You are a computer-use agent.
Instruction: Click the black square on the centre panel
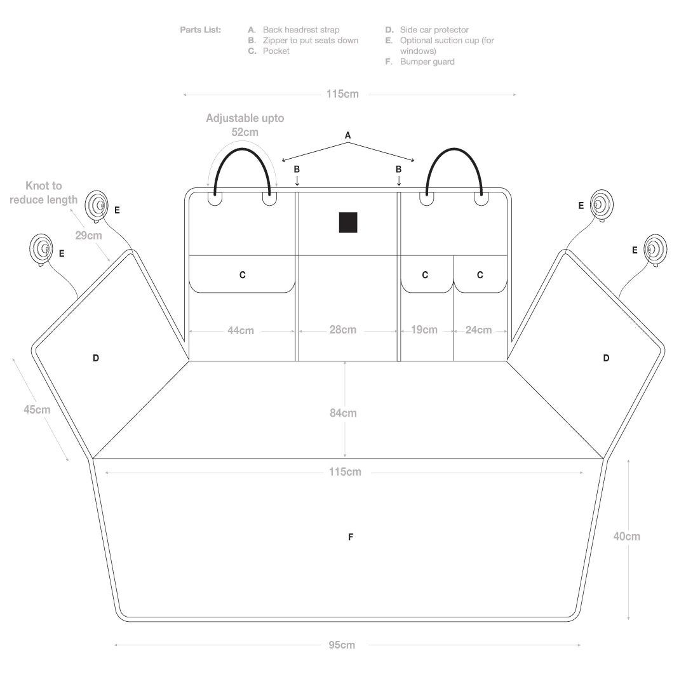click(348, 222)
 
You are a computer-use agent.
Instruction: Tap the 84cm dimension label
click(343, 413)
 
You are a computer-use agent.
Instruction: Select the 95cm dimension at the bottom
click(342, 645)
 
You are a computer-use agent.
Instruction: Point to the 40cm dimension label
click(626, 536)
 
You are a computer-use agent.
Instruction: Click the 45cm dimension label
click(37, 410)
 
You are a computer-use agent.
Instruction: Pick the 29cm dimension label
click(88, 236)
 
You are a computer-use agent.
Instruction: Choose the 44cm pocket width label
click(241, 330)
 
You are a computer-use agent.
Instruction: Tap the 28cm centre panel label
click(342, 330)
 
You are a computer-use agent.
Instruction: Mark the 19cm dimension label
click(424, 330)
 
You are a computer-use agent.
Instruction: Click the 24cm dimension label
click(478, 330)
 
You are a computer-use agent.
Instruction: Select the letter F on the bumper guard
click(351, 537)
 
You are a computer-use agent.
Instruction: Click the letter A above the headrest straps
click(348, 135)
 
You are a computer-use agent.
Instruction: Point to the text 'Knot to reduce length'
click(43, 192)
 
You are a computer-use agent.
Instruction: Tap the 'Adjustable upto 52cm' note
click(245, 125)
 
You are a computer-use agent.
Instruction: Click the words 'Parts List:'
click(200, 30)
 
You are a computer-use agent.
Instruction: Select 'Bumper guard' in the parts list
click(427, 62)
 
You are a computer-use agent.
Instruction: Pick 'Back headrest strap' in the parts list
click(301, 30)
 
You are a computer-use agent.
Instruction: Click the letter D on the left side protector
click(96, 358)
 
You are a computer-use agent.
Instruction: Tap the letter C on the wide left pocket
click(243, 275)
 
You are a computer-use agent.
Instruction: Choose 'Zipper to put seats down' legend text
click(310, 41)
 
